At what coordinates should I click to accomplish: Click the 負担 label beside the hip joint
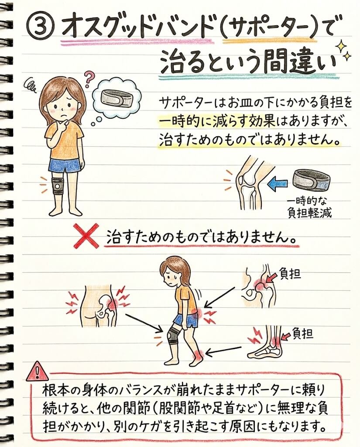(290, 275)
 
